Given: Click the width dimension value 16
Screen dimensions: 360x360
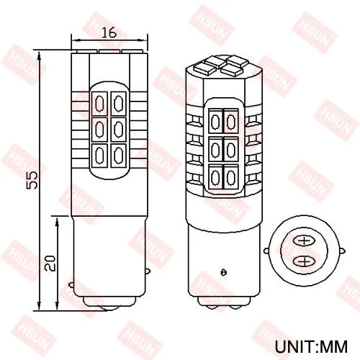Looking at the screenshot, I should point(109,32).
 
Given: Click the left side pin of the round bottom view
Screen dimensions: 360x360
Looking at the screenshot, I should point(267,251).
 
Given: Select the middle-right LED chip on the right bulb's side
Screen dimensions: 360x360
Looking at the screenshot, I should point(230,150).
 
